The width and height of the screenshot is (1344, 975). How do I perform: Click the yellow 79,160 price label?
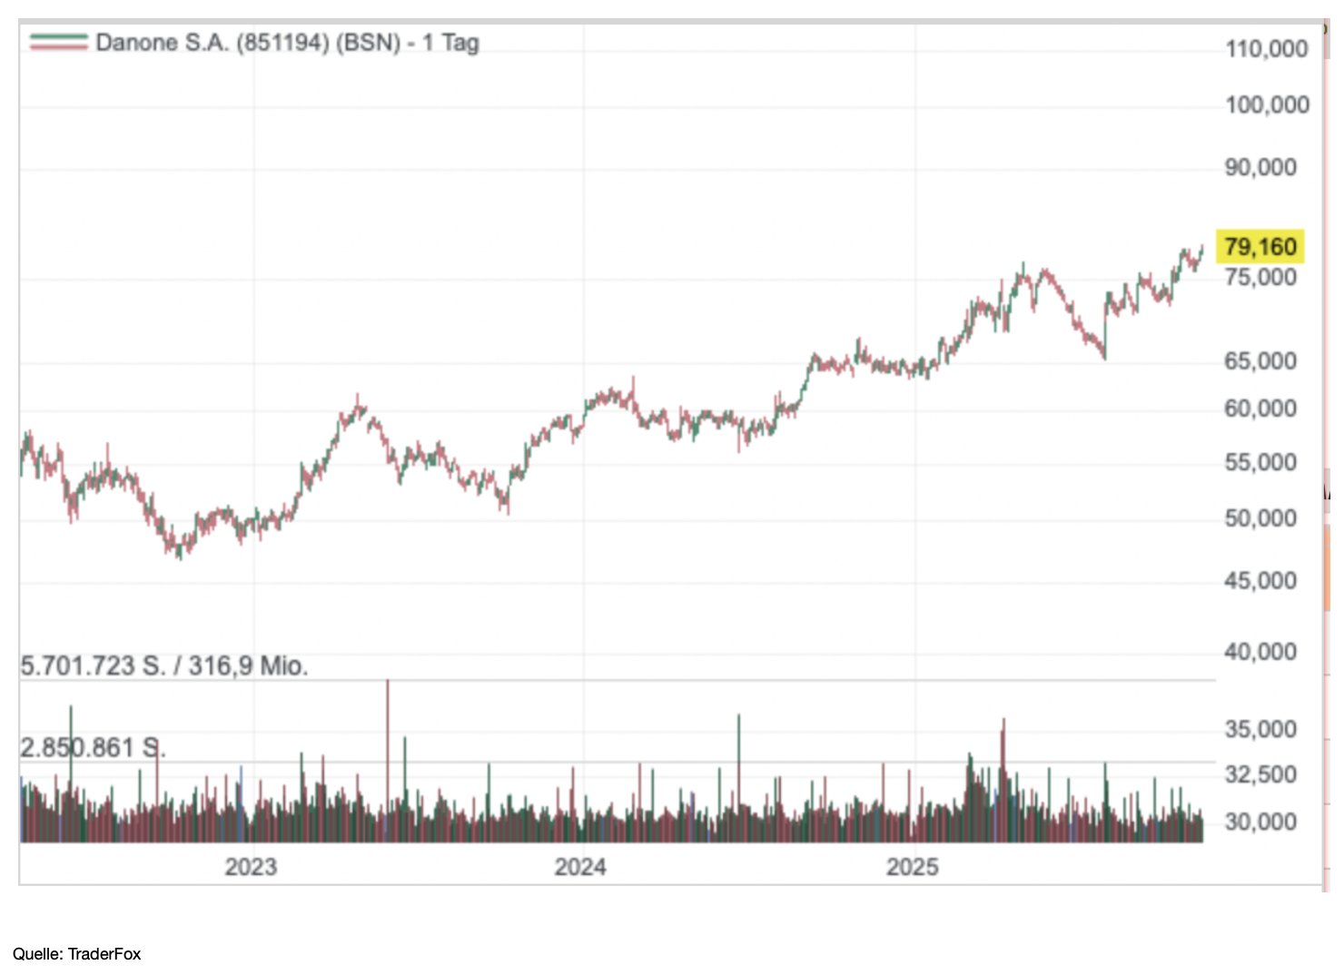pos(1260,246)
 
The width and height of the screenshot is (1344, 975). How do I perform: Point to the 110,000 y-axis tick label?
pos(1266,49)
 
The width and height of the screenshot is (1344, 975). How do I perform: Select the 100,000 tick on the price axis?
pos(1266,105)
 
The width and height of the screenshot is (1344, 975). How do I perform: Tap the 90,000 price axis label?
pos(1260,168)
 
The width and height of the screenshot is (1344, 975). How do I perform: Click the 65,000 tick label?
pos(1260,361)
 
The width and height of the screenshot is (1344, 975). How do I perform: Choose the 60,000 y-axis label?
pos(1260,409)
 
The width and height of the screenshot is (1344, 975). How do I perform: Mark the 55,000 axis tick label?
pos(1260,463)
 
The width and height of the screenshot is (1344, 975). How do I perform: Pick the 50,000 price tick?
pos(1260,518)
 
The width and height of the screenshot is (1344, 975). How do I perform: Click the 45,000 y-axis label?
pos(1260,581)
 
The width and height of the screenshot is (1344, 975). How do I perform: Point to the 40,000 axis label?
pos(1260,652)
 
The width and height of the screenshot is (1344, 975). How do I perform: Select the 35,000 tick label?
pos(1260,729)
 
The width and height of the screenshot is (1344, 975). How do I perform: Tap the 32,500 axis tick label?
pos(1260,774)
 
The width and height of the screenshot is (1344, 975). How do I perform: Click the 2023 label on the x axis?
pos(251,867)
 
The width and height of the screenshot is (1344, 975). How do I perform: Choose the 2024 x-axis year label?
pos(580,867)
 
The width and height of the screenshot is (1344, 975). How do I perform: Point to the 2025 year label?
pos(912,867)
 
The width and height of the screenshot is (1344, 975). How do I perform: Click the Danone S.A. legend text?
pos(287,43)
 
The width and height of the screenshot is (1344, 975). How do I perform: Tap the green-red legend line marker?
pos(58,42)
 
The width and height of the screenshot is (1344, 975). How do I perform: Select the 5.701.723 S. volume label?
pos(164,666)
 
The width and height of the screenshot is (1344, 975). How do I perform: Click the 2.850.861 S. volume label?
pos(93,748)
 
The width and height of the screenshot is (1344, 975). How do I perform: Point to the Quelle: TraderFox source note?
pos(77,953)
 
